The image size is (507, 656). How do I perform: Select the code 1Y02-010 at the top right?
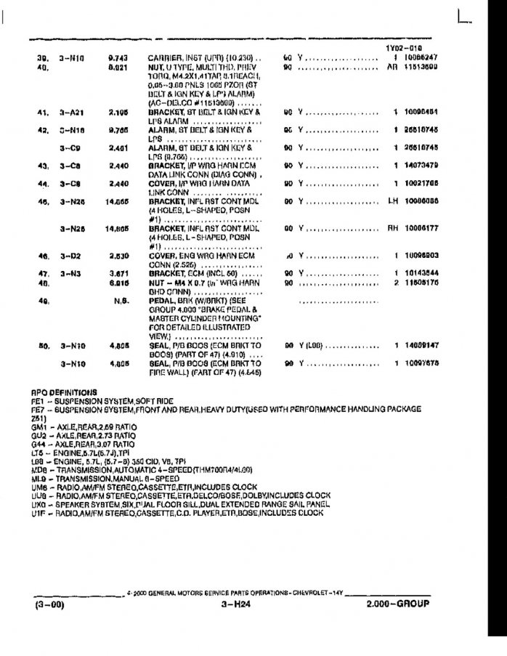point(404,48)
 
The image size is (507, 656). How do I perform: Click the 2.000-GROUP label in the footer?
point(398,604)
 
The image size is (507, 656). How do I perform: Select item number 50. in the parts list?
point(42,346)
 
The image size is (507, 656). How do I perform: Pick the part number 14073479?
point(422,166)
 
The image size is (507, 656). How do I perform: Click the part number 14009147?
point(422,346)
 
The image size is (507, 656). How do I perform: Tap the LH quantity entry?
point(394,201)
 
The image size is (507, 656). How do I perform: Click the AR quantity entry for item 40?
point(393,67)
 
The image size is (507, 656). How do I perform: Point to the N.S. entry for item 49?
point(121,300)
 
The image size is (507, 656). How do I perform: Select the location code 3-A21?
point(73,113)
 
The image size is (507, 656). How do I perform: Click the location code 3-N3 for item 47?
point(70,273)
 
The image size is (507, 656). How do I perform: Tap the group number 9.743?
point(118,57)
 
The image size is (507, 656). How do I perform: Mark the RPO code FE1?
point(38,400)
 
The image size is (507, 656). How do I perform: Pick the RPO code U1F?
point(38,513)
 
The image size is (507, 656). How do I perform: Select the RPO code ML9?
point(38,479)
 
